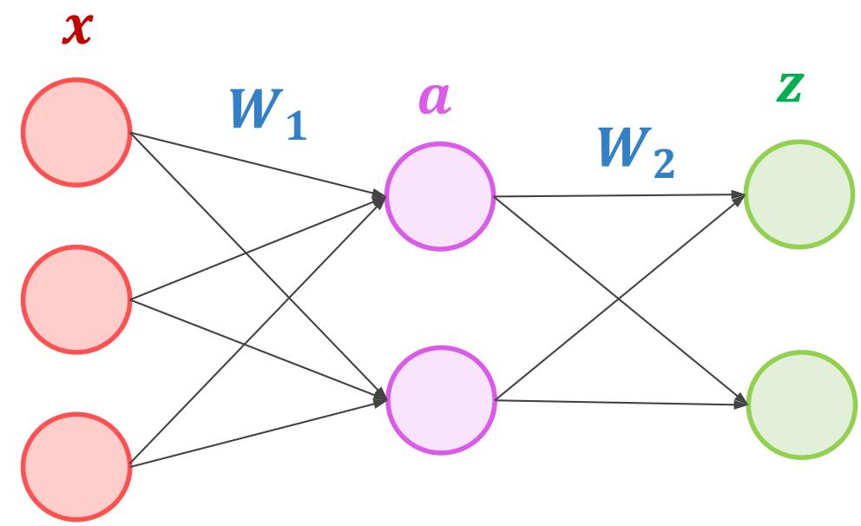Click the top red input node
tap(76, 132)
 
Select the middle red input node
tap(76, 299)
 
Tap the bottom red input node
tap(76, 466)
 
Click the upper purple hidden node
tap(440, 196)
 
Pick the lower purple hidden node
tap(441, 399)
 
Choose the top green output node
tap(799, 194)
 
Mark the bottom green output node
tap(801, 404)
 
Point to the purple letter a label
tap(435, 98)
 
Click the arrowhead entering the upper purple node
tap(380, 197)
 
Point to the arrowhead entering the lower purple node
tap(380, 399)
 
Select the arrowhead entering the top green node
tap(739, 196)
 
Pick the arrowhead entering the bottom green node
tap(740, 403)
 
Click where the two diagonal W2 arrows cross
tap(620, 299)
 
